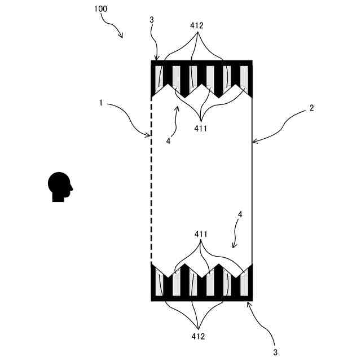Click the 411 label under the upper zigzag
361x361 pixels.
click(200, 129)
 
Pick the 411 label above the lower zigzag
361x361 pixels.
click(201, 234)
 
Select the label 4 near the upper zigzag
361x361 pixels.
click(168, 141)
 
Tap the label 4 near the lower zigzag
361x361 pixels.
click(240, 215)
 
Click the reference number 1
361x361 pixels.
click(100, 103)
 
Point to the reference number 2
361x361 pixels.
click(311, 109)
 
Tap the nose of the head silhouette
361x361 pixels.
click(72, 188)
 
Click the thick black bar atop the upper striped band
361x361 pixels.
click(202, 63)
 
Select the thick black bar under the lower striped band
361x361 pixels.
click(202, 298)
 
